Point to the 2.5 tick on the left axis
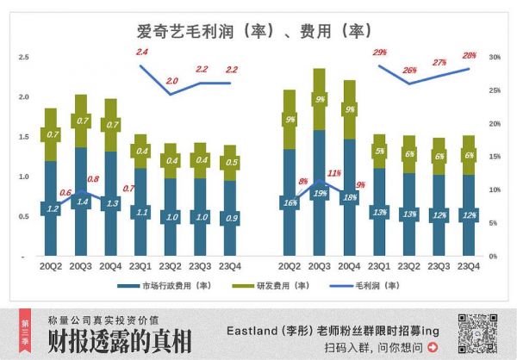[x=23, y=57]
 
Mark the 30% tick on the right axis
[x=493, y=57]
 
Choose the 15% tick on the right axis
[x=493, y=157]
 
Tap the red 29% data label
[x=380, y=53]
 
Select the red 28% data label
[x=469, y=55]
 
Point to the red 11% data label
[x=334, y=172]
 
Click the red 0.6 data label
[x=66, y=192]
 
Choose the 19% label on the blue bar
[x=319, y=193]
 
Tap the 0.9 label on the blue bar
[x=230, y=218]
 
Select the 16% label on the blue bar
[x=290, y=202]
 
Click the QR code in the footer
[x=475, y=332]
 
